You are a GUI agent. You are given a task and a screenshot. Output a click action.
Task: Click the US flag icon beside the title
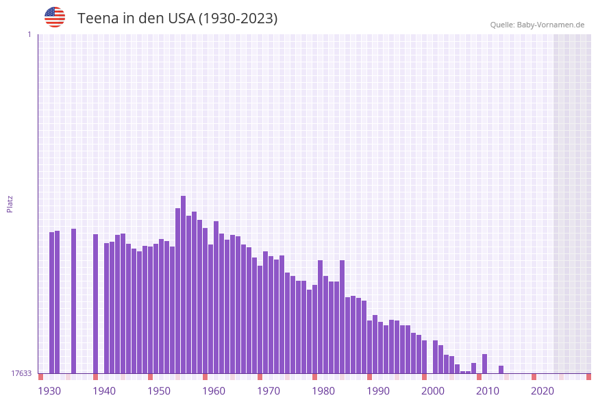(55, 17)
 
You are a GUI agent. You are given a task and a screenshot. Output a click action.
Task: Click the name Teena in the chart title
(99, 18)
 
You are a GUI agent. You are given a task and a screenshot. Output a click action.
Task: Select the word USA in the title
(181, 18)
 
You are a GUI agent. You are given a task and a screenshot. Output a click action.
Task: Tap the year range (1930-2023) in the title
(238, 18)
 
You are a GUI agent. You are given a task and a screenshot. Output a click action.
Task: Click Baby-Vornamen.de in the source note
(551, 25)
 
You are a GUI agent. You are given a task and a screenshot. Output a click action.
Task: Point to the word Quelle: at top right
(502, 25)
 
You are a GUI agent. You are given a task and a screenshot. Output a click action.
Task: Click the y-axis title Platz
(10, 203)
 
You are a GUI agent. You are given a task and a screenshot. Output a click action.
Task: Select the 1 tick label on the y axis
(29, 34)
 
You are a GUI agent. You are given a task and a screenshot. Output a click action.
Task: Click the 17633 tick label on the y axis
(21, 373)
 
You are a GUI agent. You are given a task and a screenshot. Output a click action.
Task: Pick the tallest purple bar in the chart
(183, 284)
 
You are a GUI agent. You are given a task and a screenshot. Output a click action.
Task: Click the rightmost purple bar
(501, 370)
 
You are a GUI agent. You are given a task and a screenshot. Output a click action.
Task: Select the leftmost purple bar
(51, 303)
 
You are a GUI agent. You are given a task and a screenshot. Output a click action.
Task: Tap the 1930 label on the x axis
(49, 391)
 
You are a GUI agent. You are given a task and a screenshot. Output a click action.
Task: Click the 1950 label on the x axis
(159, 391)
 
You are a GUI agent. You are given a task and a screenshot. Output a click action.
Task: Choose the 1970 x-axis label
(269, 391)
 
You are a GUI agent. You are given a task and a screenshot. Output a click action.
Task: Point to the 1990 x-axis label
(378, 391)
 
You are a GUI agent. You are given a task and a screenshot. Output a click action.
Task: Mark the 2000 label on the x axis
(433, 391)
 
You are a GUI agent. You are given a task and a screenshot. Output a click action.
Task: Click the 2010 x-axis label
(488, 391)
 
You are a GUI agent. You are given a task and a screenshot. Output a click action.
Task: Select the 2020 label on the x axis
(543, 391)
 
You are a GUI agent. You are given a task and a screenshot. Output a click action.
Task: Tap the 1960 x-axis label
(214, 391)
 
